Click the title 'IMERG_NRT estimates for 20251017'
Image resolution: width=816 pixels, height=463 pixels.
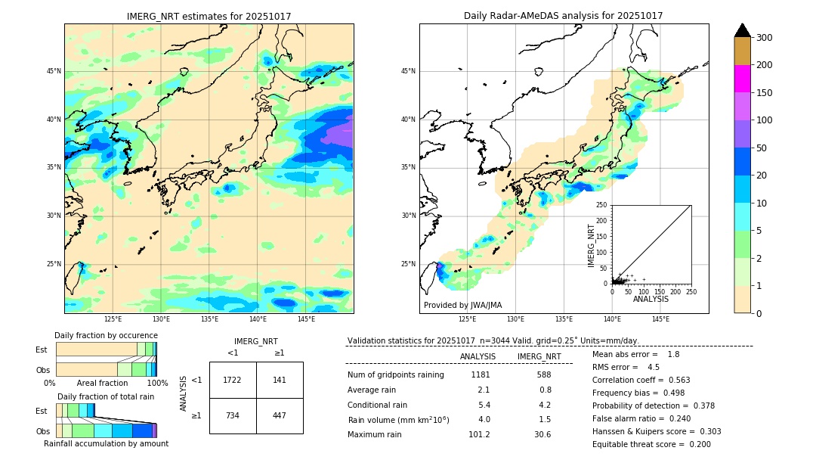[209, 16]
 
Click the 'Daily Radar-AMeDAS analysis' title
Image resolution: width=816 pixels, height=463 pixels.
[563, 16]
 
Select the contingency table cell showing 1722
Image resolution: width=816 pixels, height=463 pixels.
[232, 380]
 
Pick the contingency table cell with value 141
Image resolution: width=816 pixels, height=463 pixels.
[280, 380]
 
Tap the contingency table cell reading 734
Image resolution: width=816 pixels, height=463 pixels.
[232, 415]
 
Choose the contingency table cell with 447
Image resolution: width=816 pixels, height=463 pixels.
[280, 415]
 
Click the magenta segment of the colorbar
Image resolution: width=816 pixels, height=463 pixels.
[742, 79]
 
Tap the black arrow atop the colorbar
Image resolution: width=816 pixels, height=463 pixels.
[742, 30]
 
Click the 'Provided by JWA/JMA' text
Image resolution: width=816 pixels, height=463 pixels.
[462, 306]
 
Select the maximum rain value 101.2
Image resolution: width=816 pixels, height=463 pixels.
[479, 434]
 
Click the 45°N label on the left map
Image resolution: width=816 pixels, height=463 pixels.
[54, 71]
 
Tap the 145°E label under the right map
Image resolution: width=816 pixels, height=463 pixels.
[660, 320]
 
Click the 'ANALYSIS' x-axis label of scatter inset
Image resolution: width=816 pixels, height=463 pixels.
[651, 299]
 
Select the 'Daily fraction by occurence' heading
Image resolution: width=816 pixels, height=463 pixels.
[105, 335]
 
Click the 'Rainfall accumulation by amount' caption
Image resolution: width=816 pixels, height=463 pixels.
[106, 443]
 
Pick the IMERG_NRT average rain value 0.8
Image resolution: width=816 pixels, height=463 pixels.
[545, 390]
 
